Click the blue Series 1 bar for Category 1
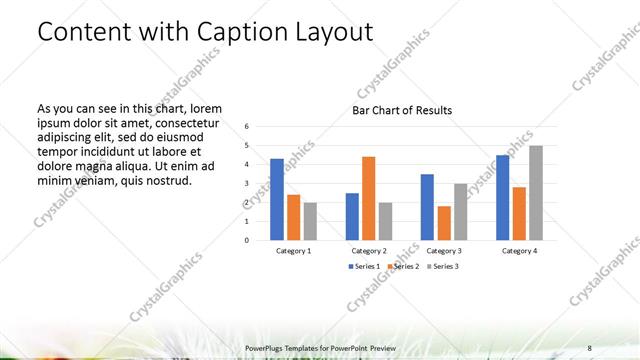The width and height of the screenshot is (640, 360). point(277,199)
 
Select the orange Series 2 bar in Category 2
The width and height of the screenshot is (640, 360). point(368,198)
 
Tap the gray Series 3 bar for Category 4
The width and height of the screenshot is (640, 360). point(536,193)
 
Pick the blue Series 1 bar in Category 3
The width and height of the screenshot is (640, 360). point(427,207)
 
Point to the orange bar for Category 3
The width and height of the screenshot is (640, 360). point(443,223)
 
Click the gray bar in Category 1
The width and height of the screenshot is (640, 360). point(310,221)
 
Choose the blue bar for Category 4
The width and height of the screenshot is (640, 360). point(503,197)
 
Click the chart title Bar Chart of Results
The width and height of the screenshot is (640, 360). point(402,110)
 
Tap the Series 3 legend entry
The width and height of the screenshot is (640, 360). point(444,266)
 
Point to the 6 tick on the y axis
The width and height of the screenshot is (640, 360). point(247,127)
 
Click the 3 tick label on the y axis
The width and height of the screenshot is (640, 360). point(247,184)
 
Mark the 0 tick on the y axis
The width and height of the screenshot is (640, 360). point(247,240)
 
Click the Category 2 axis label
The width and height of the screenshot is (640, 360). point(369,250)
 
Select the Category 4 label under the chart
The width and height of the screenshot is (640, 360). point(519,250)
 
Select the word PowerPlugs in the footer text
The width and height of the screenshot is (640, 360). point(265,347)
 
